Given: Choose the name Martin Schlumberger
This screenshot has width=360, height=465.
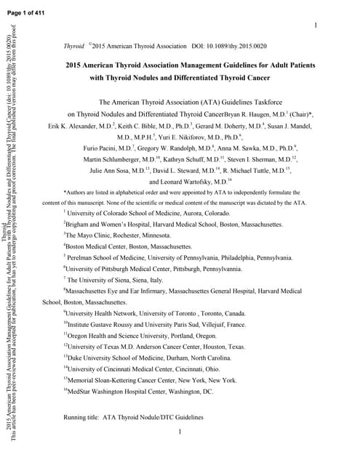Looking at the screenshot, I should click(117, 159).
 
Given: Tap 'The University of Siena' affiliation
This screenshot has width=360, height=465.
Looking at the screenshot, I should click(105, 279).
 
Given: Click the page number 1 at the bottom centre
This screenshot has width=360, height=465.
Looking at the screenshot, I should click(180, 432).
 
